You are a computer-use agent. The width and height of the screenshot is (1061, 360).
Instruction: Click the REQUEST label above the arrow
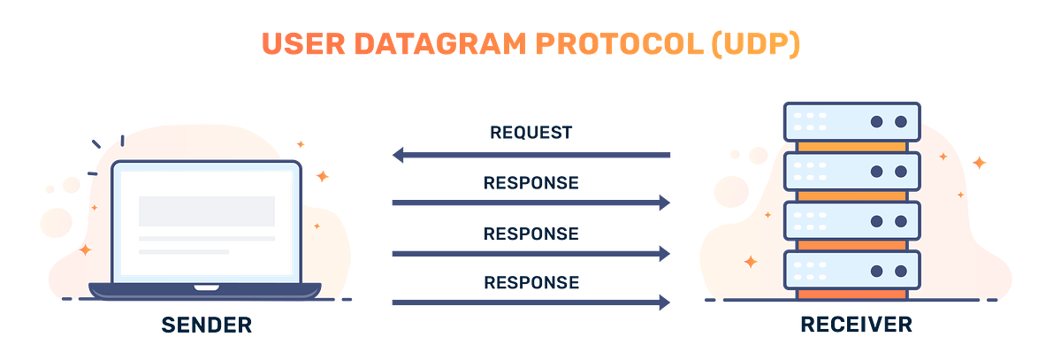[x=530, y=134]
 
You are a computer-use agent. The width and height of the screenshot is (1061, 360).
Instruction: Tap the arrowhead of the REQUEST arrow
[x=399, y=156]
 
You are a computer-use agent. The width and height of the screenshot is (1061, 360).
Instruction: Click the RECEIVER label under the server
[x=855, y=325]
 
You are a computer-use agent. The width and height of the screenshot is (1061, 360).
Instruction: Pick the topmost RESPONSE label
[x=530, y=184]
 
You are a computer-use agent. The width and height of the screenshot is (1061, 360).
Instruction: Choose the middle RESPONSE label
[x=530, y=234]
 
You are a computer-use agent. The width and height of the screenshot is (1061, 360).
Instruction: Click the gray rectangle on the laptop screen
[x=206, y=211]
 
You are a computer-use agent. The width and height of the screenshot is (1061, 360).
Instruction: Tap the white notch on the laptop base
[x=206, y=287]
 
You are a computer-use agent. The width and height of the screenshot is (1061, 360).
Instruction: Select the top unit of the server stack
[x=851, y=121]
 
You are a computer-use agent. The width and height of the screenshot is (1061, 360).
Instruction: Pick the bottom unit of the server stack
[x=851, y=271]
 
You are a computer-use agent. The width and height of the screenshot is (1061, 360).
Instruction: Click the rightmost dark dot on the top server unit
[x=901, y=121]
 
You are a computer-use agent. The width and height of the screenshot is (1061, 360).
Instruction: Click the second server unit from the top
[x=851, y=172]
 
